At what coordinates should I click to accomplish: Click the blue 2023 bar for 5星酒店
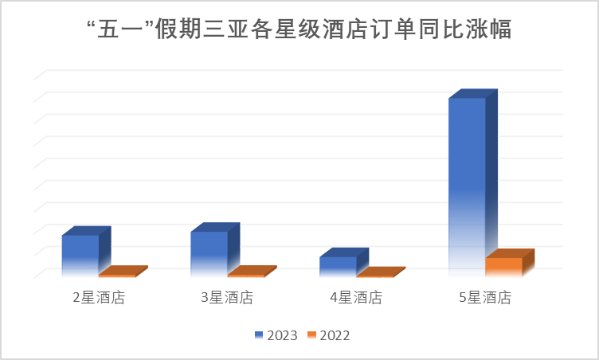pos(467,186)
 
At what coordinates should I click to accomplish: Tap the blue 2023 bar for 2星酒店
pos(80,255)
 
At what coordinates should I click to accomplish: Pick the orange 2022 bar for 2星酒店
pos(117,273)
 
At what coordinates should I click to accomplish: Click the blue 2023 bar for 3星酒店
pos(209,253)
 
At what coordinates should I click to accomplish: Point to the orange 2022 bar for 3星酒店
pos(246,273)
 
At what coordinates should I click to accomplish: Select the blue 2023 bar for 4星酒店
pos(338,266)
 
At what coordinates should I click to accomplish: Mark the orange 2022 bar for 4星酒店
pos(375,274)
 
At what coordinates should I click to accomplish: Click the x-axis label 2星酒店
pos(99,299)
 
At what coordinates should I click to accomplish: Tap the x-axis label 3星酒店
pos(227,299)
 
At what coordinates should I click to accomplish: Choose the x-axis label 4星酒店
pos(356,299)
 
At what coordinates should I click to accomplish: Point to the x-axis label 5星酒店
pos(485,299)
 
